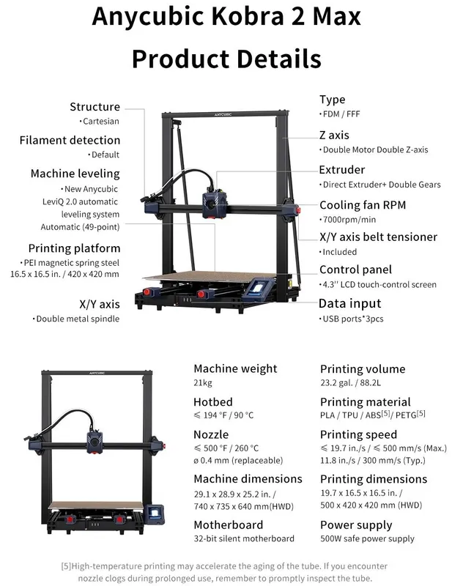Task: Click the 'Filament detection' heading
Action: [70, 140]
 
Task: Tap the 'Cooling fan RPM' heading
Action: [363, 205]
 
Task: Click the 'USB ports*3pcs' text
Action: [353, 319]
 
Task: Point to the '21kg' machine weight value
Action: [203, 382]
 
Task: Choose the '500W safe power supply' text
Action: [367, 538]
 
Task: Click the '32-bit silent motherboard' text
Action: [244, 538]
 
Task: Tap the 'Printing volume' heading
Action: [363, 369]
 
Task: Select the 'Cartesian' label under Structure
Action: [101, 121]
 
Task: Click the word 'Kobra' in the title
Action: [248, 16]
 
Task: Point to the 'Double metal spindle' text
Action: [78, 319]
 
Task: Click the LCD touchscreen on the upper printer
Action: [256, 288]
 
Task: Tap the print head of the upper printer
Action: [214, 204]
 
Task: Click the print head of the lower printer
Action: [95, 442]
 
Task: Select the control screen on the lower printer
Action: [155, 512]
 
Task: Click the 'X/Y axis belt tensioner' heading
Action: [378, 237]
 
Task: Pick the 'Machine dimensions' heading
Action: [248, 479]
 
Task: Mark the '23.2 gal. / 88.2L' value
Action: [350, 382]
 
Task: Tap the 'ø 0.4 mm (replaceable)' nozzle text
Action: [238, 461]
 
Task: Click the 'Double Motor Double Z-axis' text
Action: [375, 149]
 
